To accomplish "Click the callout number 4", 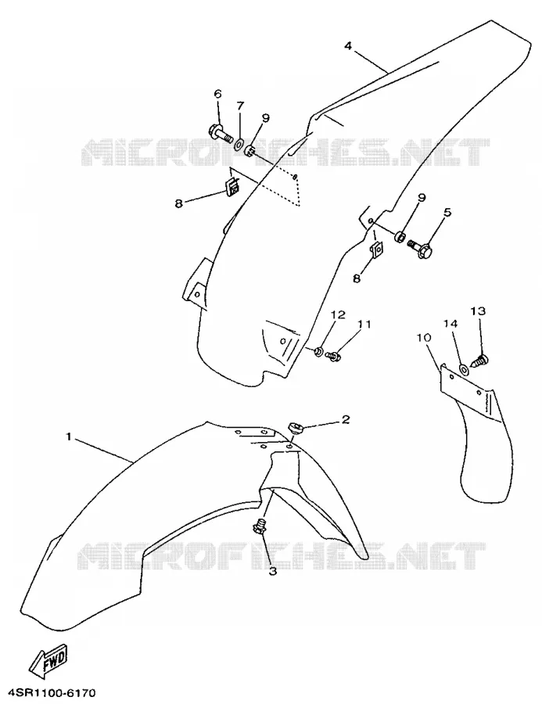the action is point(349,46).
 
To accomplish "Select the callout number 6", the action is point(217,94).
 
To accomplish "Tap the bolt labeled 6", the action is point(220,132).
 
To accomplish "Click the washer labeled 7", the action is point(239,144).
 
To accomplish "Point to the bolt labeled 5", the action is point(420,249).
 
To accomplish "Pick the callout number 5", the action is point(447,212).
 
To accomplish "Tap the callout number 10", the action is point(425,337).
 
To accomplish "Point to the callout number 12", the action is point(339,314).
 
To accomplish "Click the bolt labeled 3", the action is point(260,526).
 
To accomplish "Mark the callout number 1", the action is point(69,436).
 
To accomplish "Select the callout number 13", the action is point(478,311).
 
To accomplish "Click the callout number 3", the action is point(273,571).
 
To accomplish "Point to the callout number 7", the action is point(240,106).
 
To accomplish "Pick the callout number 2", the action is point(346,419).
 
